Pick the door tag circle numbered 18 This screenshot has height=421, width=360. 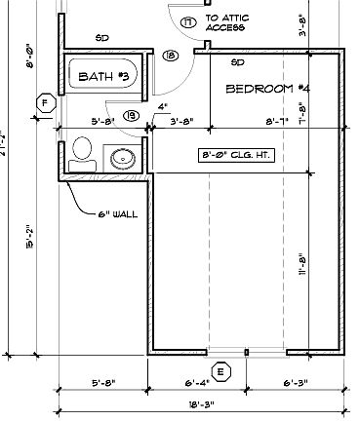coord(171,57)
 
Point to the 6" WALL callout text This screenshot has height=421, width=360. coord(117,213)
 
